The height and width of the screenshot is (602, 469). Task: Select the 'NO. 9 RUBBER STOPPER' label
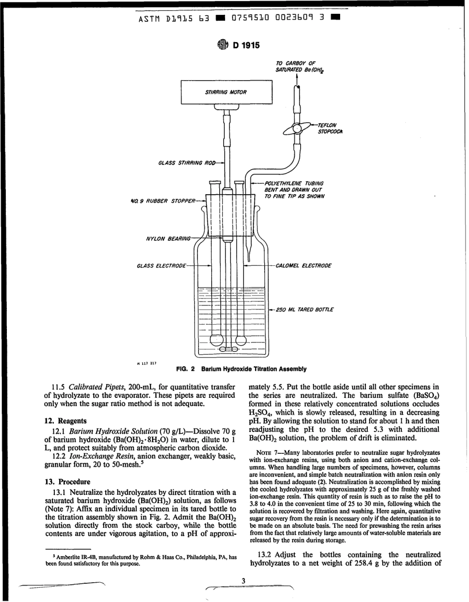(x=161, y=201)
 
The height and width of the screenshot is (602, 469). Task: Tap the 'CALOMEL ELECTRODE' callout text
(x=303, y=266)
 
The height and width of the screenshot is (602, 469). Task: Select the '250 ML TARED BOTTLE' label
(x=304, y=310)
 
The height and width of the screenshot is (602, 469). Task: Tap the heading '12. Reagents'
(x=65, y=421)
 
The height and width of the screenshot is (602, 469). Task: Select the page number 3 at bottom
(x=243, y=580)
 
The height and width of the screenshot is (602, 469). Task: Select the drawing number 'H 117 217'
(x=146, y=363)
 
